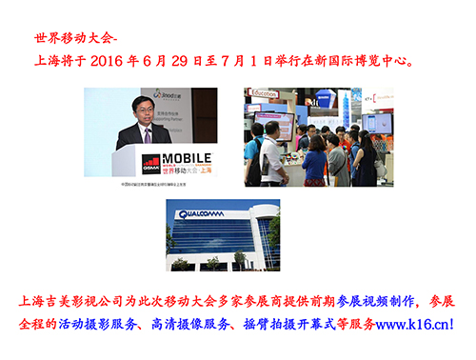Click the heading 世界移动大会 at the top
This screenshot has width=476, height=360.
coord(71,41)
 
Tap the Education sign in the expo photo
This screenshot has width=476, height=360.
coord(265,94)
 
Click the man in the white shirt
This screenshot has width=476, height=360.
coord(272,148)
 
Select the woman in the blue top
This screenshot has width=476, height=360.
coord(315,157)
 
